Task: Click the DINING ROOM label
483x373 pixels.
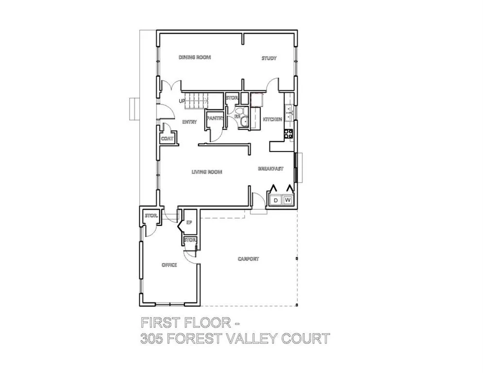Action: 195,57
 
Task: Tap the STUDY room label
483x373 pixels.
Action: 269,58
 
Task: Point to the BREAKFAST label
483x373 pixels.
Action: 270,169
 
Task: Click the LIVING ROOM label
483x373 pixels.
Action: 207,172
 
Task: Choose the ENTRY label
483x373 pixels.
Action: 189,122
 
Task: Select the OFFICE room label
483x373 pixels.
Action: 169,265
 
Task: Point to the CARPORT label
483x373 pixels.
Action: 248,259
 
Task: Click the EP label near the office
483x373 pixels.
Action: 189,222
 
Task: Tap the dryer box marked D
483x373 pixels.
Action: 276,200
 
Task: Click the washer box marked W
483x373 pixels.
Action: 287,200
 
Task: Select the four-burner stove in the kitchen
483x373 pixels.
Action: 290,133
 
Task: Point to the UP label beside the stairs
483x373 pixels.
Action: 182,101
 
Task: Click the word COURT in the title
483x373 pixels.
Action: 303,339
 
